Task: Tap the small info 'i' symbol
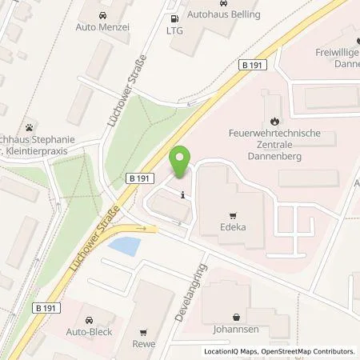(184, 194)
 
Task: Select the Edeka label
(233, 226)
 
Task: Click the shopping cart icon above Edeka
(233, 214)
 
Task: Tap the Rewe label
(143, 344)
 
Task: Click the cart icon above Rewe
(143, 332)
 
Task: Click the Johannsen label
(236, 328)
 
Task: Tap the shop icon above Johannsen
(236, 316)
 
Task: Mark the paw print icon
(30, 126)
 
